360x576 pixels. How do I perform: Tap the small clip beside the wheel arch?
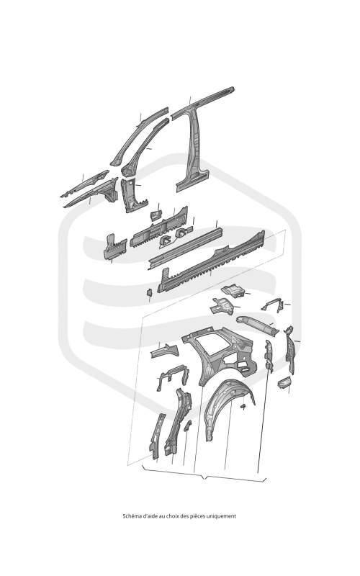[x=243, y=406]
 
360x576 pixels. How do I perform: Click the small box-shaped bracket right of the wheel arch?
[x=284, y=382]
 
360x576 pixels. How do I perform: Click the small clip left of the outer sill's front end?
[x=150, y=292]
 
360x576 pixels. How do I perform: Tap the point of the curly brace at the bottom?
[x=204, y=478]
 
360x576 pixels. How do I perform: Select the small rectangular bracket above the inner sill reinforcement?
[x=156, y=215]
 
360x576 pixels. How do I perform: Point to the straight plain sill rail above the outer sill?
[x=186, y=248]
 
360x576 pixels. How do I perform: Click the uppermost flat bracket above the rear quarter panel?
[x=233, y=291]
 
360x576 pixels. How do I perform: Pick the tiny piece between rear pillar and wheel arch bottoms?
[x=187, y=426]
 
